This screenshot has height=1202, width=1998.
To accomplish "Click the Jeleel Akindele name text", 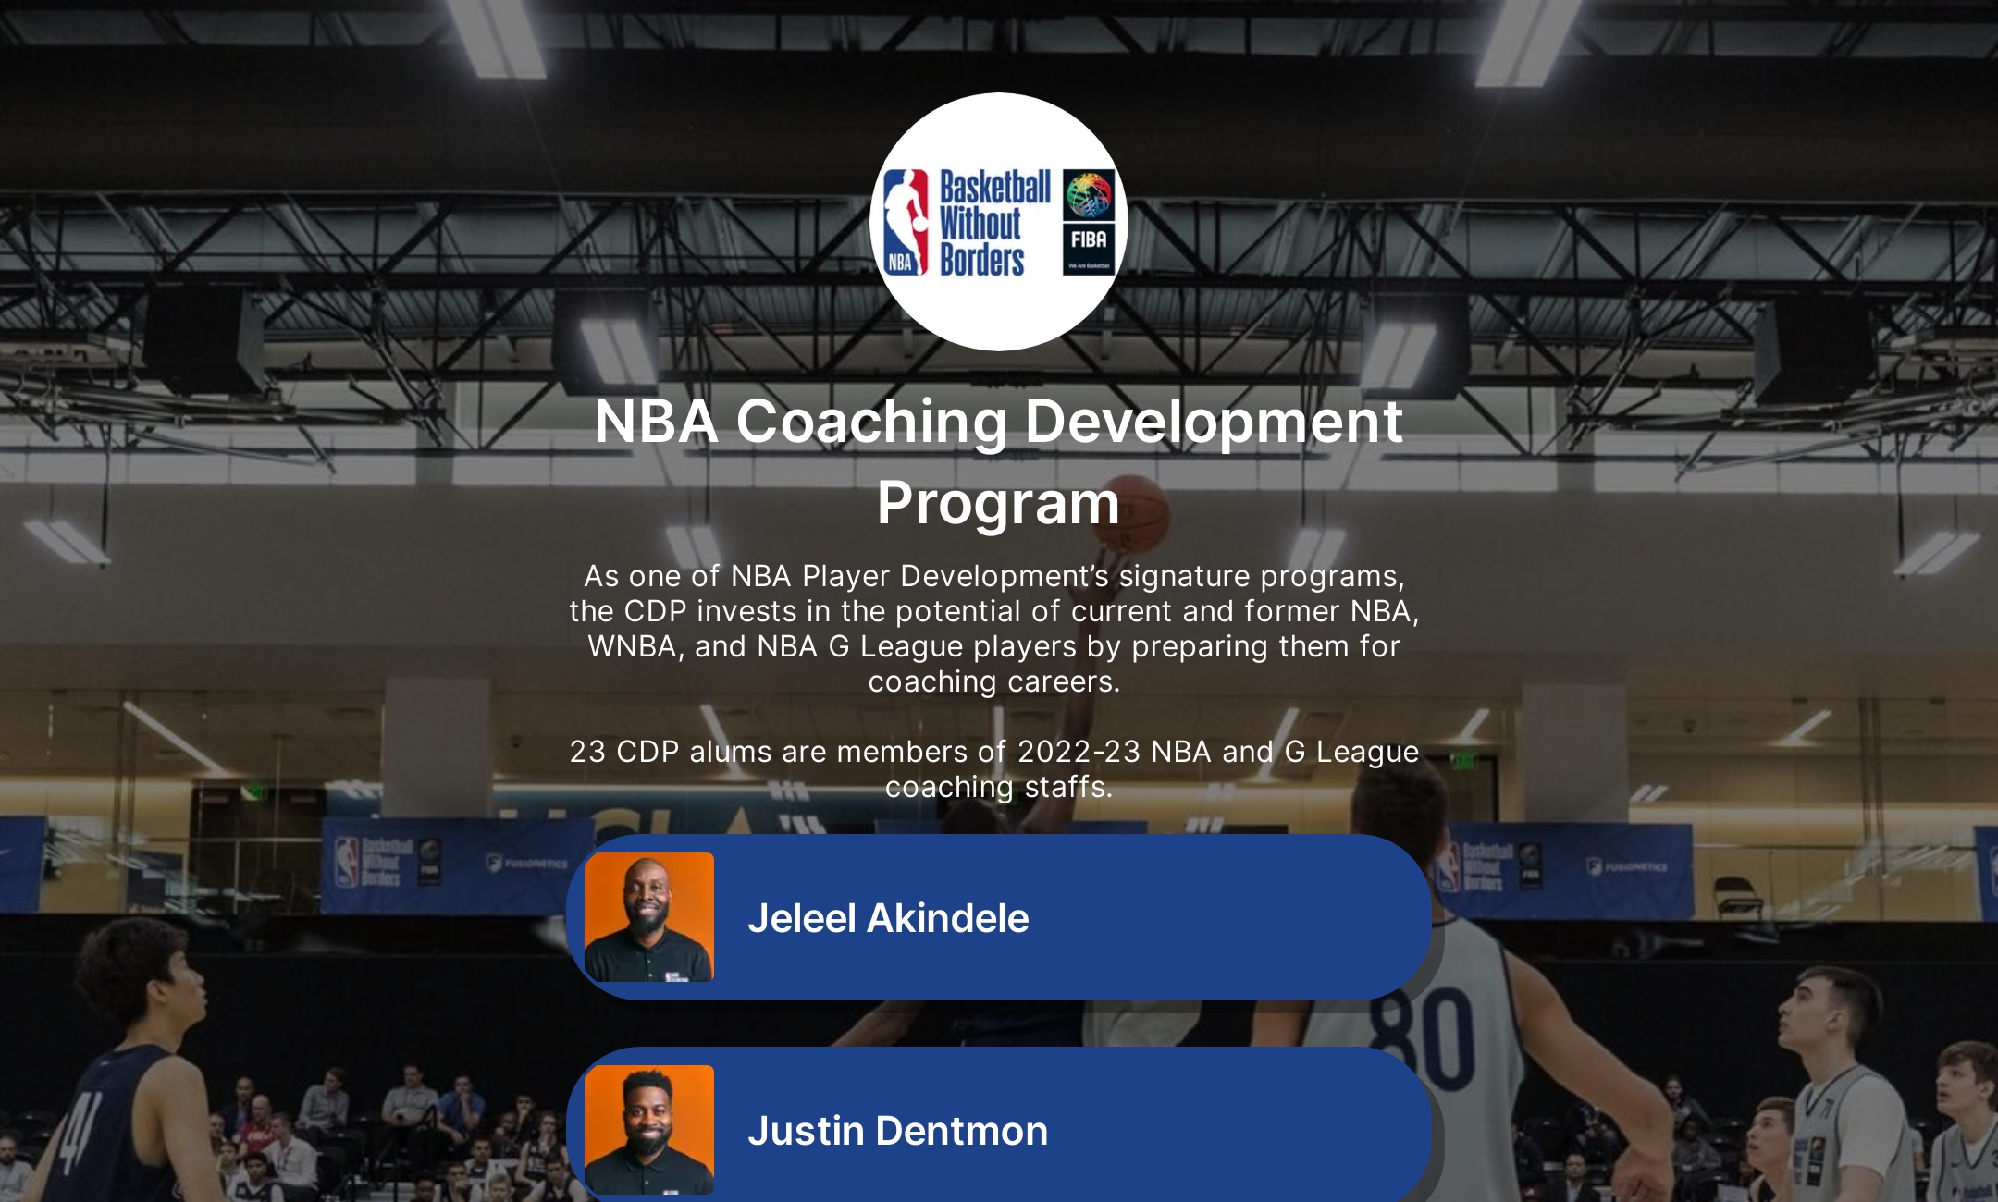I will (x=888, y=918).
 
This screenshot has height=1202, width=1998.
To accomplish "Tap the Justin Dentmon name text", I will (x=897, y=1131).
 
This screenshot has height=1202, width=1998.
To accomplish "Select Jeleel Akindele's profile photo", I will (x=649, y=917).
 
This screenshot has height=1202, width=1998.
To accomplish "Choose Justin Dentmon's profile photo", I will (x=649, y=1130).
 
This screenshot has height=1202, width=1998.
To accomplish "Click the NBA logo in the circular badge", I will (x=906, y=222).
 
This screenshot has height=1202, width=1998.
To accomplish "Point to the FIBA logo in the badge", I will (x=1089, y=222).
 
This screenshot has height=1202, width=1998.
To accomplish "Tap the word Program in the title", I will (x=998, y=504).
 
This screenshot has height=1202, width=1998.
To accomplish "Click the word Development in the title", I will (x=1214, y=422).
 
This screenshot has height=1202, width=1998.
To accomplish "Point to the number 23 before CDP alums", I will (x=587, y=752).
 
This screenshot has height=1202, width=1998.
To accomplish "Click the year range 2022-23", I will (x=1079, y=752).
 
